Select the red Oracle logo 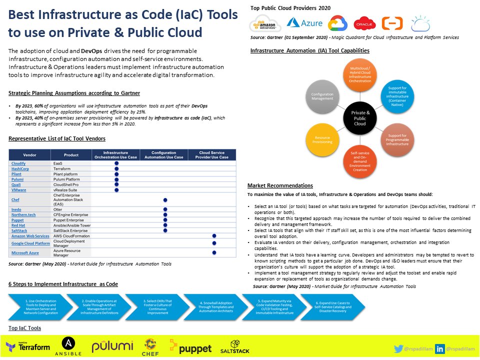coord(364,23)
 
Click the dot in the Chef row coord(165,200)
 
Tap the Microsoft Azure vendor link coord(25,253)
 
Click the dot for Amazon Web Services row coord(214,235)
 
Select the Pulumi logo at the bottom coord(112,347)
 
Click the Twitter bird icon coord(398,348)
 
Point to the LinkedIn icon coord(440,348)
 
